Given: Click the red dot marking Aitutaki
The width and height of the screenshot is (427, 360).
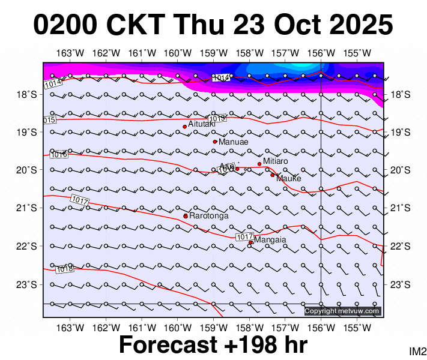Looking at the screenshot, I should tap(184, 127).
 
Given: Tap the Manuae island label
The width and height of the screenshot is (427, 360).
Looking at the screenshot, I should tap(230, 142).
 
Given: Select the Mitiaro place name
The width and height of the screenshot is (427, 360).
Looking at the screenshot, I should tap(276, 161).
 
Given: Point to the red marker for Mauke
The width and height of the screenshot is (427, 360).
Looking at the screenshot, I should tap(272, 175).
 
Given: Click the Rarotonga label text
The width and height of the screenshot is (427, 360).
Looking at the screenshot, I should tap(209, 215).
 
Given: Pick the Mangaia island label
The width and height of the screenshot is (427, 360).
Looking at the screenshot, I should tap(270, 240).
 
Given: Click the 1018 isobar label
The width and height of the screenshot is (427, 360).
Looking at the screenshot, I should tap(64, 269).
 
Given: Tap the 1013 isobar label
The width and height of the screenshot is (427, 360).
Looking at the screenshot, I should tap(217, 119).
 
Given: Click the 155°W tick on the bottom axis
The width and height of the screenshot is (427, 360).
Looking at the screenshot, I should tap(356, 328).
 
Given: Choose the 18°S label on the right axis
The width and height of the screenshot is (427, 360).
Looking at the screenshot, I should tap(400, 94).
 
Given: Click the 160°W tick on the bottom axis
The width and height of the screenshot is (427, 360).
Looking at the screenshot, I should tap(178, 328).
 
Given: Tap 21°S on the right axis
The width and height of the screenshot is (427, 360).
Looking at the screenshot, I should tap(400, 208).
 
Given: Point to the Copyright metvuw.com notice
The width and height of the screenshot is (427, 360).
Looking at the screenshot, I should tap(342, 311).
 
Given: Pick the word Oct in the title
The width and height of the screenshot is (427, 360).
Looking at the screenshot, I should tap(293, 25).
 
